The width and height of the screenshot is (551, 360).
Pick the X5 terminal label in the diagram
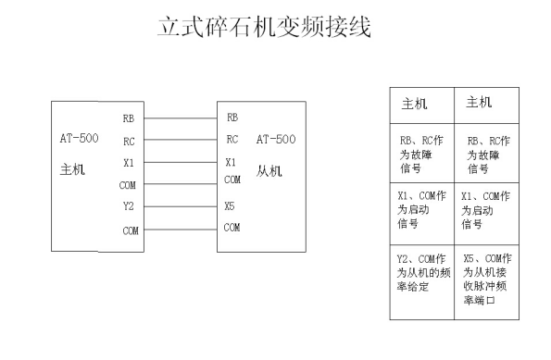point(229,206)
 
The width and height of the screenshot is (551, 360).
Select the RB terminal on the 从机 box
point(232,118)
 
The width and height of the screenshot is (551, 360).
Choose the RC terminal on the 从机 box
point(232,141)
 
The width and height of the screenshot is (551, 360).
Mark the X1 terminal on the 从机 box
point(231,162)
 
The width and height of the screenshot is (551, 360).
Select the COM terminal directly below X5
point(232,227)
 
